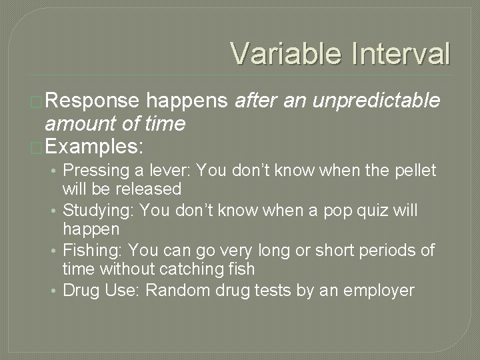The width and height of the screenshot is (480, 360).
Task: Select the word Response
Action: point(93,101)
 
